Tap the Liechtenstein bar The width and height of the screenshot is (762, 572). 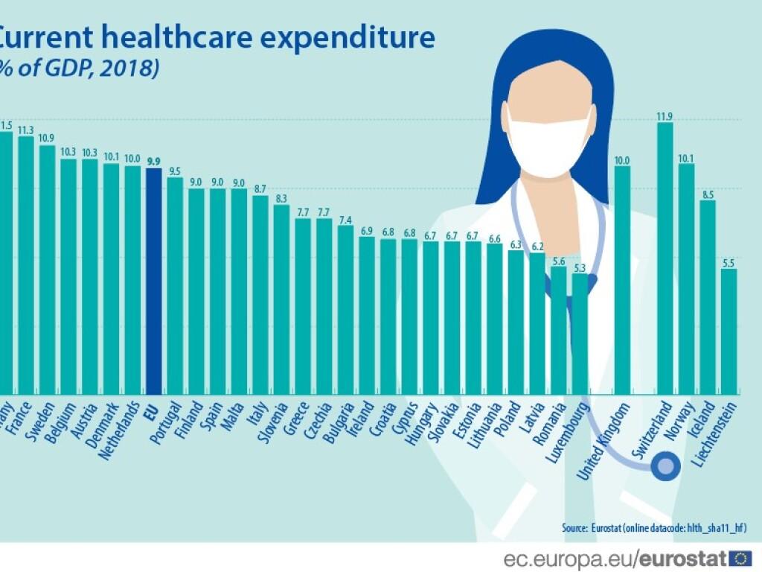tap(729, 331)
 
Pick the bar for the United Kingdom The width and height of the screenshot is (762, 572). tap(622, 279)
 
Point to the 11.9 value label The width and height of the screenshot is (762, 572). tap(665, 115)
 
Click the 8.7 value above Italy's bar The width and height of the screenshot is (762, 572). tap(260, 189)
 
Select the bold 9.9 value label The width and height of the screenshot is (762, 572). tap(154, 161)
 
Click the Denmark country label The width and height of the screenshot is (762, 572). tap(101, 425)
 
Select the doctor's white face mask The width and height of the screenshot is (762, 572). tap(548, 142)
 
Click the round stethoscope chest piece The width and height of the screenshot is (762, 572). tap(665, 467)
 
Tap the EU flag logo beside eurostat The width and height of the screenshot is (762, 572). tap(740, 558)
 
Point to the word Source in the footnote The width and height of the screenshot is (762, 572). tap(574, 527)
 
